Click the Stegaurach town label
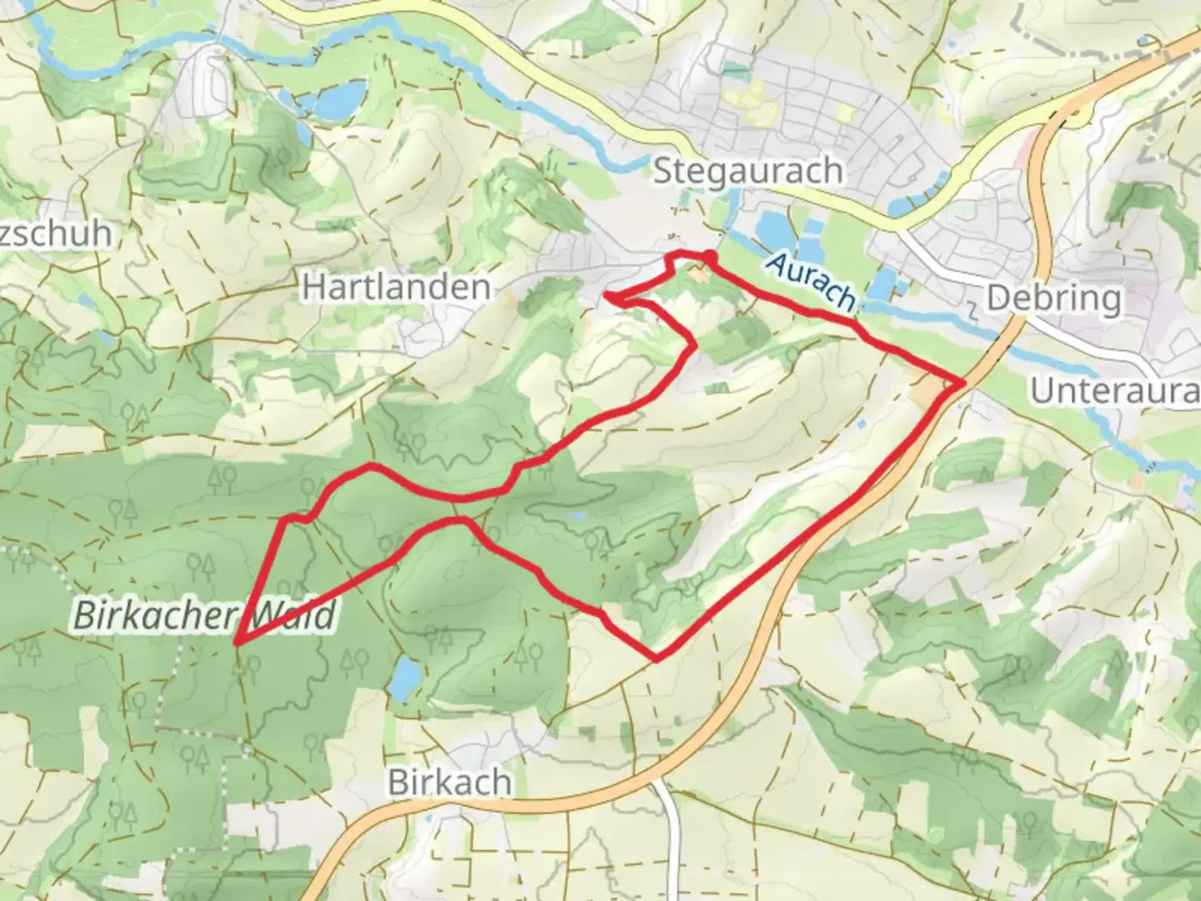pyautogui.click(x=747, y=171)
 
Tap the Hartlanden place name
pyautogui.click(x=395, y=287)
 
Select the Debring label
pyautogui.click(x=1053, y=298)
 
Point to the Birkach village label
pyautogui.click(x=450, y=783)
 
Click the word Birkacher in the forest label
pyautogui.click(x=154, y=616)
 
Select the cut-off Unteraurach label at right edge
pyautogui.click(x=1114, y=390)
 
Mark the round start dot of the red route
pyautogui.click(x=708, y=256)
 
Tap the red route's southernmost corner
pyautogui.click(x=657, y=659)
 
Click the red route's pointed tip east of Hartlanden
pyautogui.click(x=606, y=295)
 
